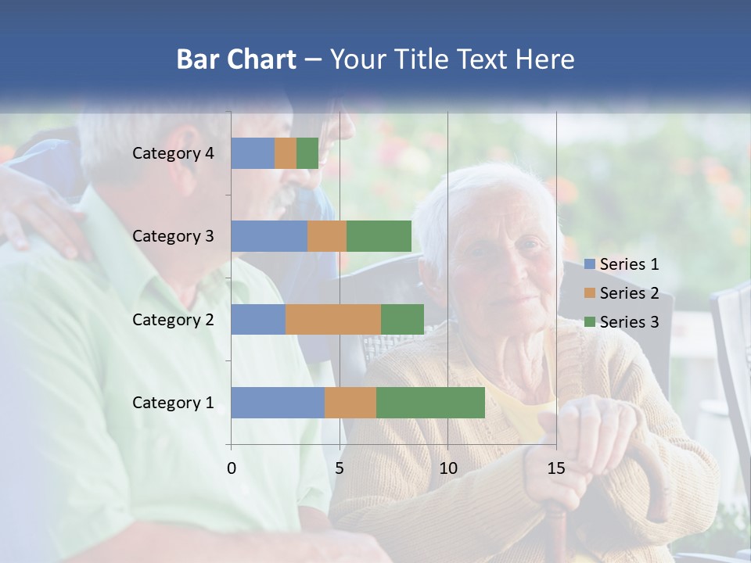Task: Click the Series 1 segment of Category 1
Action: tap(278, 403)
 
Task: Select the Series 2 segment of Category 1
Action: tap(350, 403)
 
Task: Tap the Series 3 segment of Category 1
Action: tap(430, 403)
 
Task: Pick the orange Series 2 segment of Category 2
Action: tap(333, 319)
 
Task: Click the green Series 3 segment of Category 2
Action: tap(402, 319)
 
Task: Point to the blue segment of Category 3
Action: tap(269, 236)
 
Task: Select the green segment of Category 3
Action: tap(379, 236)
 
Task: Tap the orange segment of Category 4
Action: tap(286, 153)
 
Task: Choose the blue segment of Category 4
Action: tap(253, 153)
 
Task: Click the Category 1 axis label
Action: tap(173, 403)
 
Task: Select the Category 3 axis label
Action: tap(173, 236)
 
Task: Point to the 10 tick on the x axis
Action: tap(447, 468)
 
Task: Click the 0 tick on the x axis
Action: tap(232, 468)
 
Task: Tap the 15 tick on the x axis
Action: tap(556, 468)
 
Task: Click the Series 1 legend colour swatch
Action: tap(589, 264)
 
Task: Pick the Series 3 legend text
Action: tap(629, 322)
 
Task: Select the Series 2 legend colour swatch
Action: tap(589, 293)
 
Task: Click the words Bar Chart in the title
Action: tap(236, 59)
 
